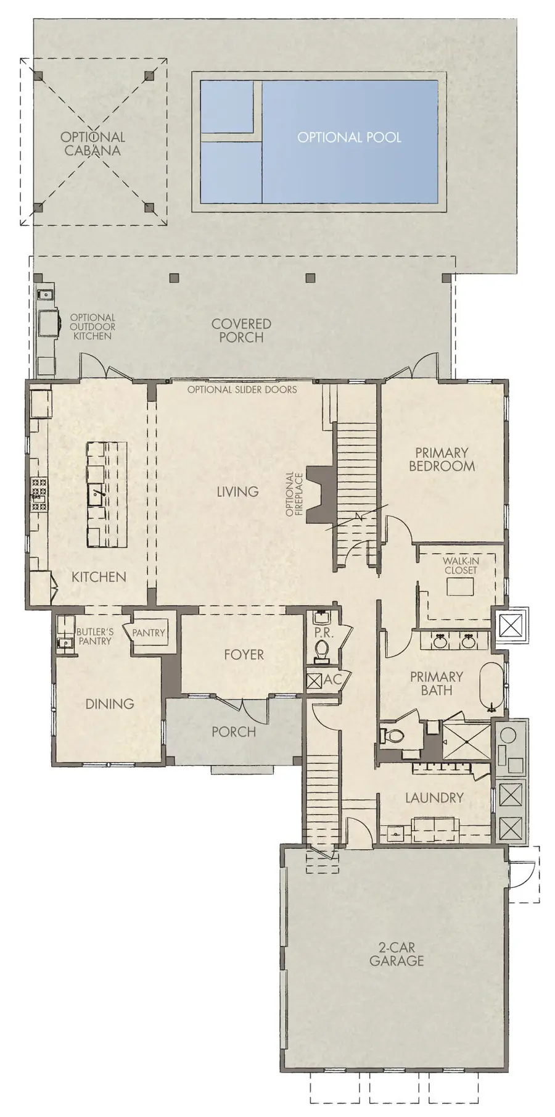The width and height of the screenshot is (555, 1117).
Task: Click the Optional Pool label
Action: click(x=349, y=138)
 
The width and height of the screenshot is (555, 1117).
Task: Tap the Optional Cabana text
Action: click(x=92, y=144)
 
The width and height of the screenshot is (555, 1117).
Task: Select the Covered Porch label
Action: click(x=241, y=330)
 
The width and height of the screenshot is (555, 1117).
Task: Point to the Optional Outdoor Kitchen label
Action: click(x=92, y=327)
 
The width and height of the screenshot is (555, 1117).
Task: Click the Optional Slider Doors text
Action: click(x=242, y=389)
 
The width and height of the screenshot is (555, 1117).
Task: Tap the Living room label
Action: click(x=237, y=492)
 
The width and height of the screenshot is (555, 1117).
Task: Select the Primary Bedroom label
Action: click(x=442, y=460)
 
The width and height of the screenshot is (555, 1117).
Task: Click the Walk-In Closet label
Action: click(x=461, y=566)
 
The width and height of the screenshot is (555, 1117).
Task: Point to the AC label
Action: click(x=332, y=679)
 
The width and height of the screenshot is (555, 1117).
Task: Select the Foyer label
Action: click(x=244, y=655)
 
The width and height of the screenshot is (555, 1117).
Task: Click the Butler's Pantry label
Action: click(x=94, y=636)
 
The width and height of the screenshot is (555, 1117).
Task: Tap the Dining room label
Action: click(x=110, y=704)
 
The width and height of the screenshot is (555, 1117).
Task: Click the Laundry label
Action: click(x=434, y=798)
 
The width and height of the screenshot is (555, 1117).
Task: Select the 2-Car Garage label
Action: click(x=397, y=953)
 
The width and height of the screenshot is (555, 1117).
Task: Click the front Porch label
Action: click(x=234, y=732)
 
